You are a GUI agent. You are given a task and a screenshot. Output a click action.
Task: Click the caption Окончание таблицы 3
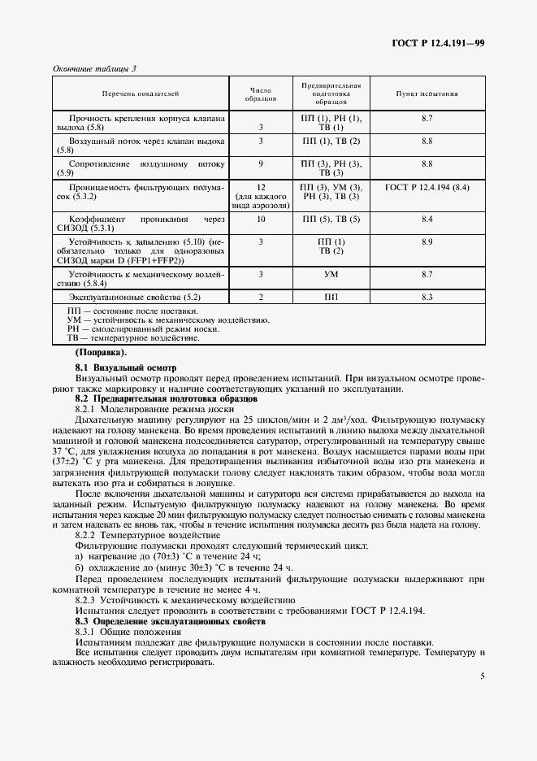pos(94,68)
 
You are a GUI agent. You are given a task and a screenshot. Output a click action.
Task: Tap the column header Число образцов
pos(261,93)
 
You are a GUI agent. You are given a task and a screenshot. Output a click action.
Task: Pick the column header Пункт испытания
pos(427,93)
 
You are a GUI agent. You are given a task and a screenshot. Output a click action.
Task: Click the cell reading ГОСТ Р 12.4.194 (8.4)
pos(427,187)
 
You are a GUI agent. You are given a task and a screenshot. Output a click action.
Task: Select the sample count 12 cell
pos(261,187)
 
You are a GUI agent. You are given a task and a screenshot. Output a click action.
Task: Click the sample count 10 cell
pos(261,220)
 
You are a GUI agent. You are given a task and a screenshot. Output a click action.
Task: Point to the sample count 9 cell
pos(261,163)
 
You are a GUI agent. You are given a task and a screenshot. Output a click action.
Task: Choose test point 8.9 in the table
pos(427,242)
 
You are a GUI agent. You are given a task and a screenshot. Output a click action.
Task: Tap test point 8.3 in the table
pos(427,298)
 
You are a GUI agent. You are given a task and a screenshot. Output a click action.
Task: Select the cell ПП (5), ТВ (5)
pos(331,220)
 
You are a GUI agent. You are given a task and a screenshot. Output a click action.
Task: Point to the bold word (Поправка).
pos(101,353)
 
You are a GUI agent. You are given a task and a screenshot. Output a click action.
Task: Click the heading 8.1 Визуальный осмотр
pos(125,368)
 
